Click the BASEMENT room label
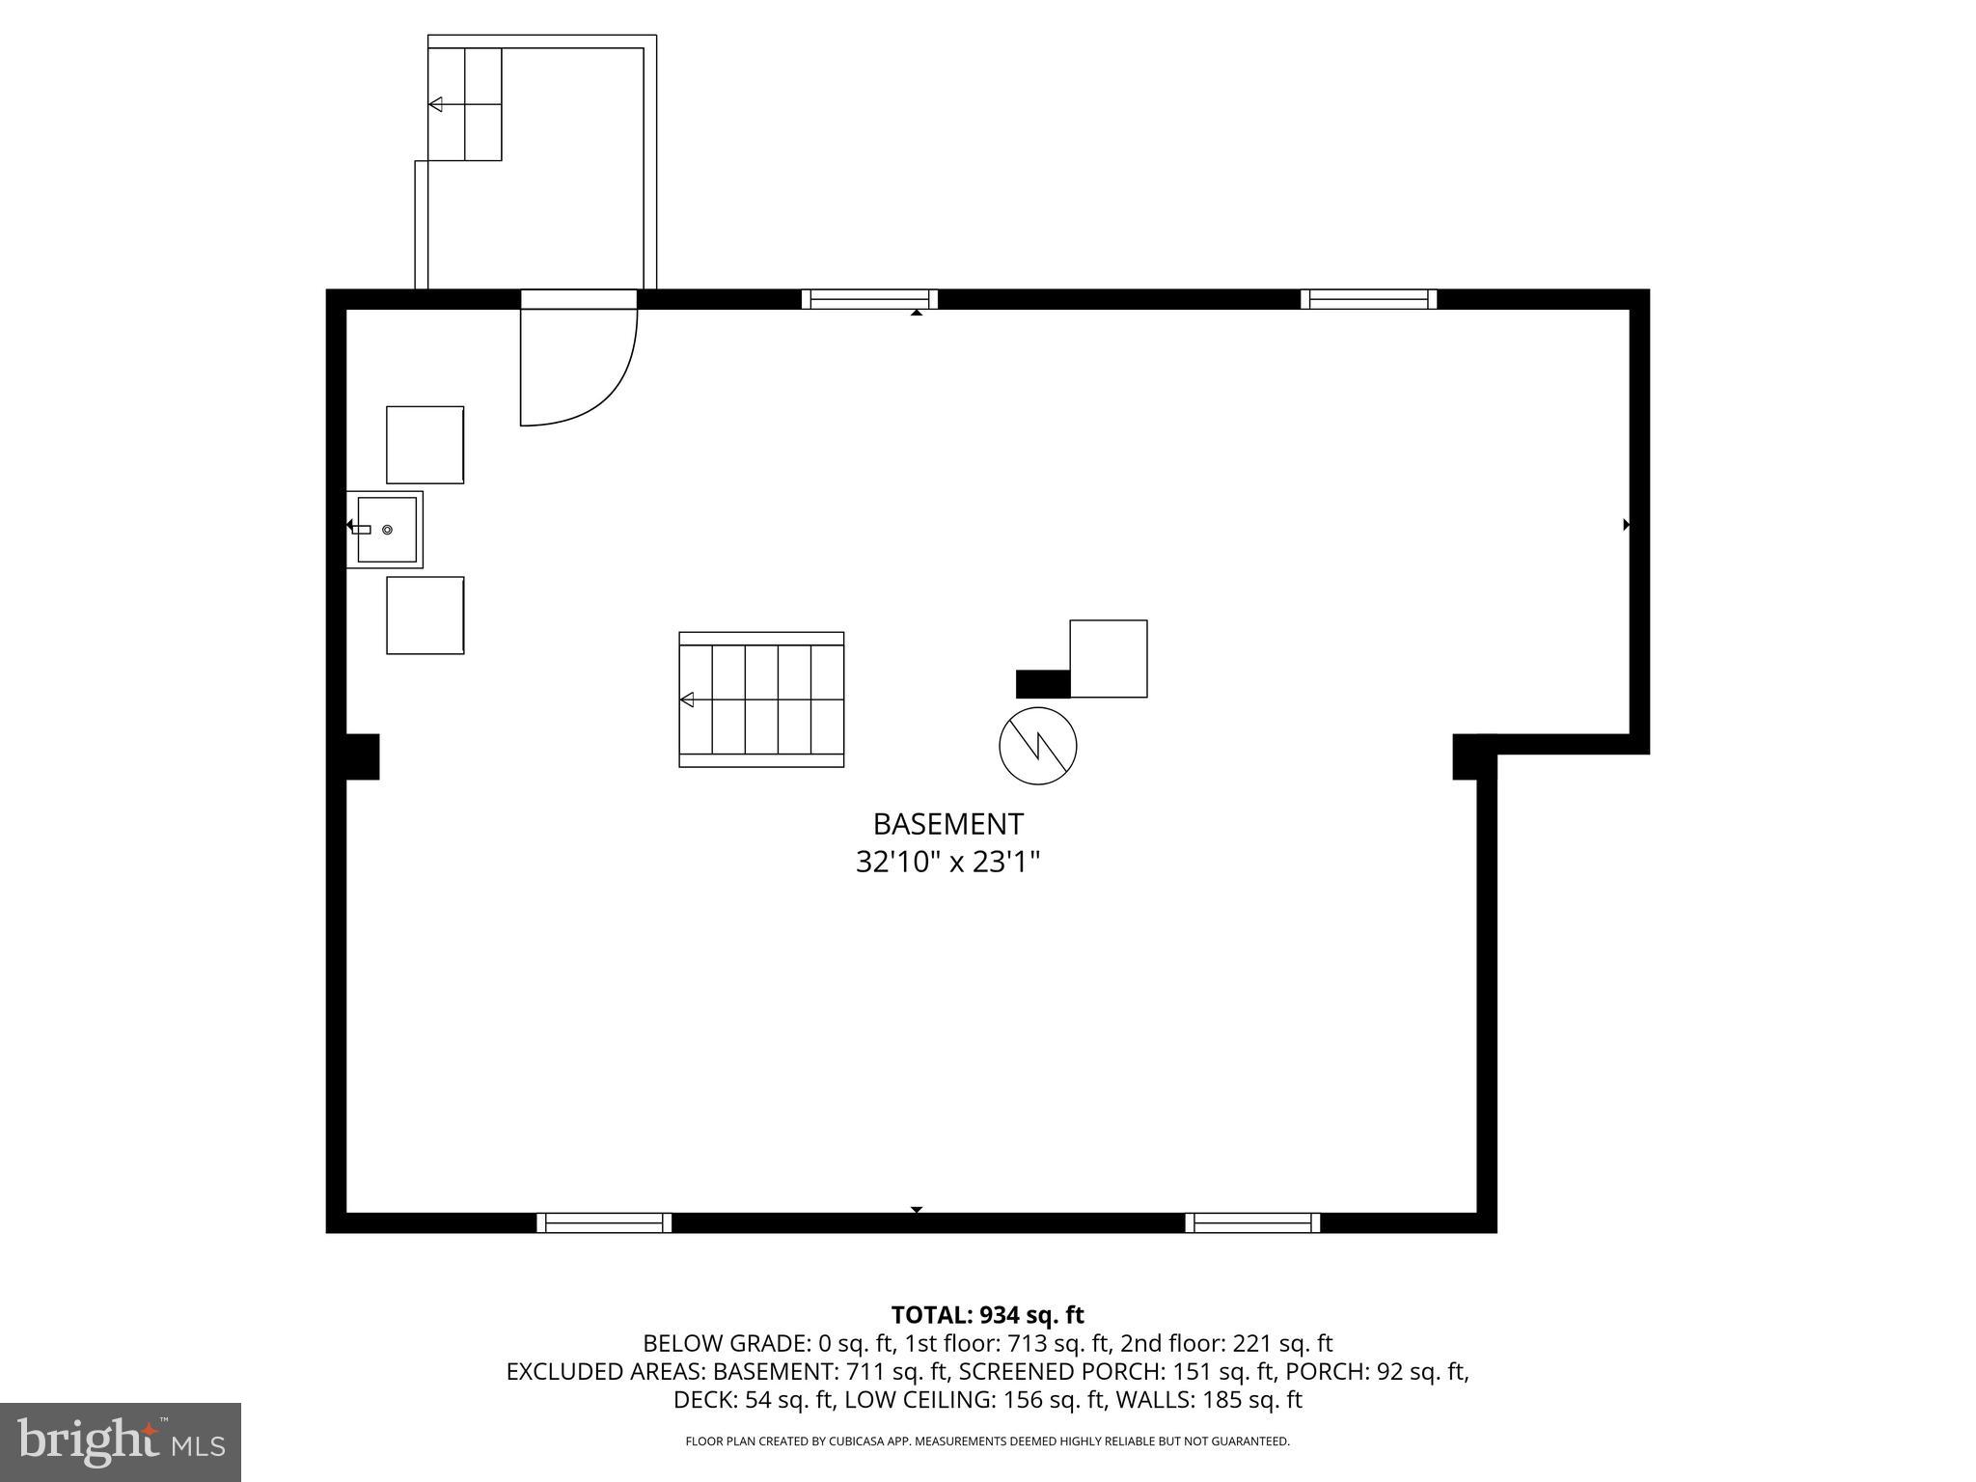(947, 824)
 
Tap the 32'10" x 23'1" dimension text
(947, 861)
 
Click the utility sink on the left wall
(386, 530)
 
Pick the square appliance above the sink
(425, 445)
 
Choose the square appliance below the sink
(425, 616)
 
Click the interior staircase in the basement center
(761, 700)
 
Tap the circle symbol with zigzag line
(1037, 746)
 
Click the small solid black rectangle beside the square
(1043, 683)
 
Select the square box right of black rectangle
(1109, 658)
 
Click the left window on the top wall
(869, 299)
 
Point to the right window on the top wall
(1368, 299)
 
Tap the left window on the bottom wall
(604, 1222)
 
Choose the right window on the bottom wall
(1252, 1222)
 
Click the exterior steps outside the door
(465, 104)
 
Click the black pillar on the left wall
(362, 756)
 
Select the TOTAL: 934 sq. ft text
(987, 1315)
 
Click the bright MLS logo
(121, 1441)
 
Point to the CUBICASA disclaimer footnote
(987, 1441)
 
